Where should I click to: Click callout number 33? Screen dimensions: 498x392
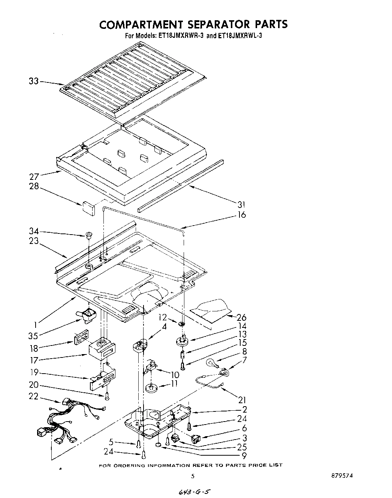pyautogui.click(x=34, y=81)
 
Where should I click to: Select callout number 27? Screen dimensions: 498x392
pyautogui.click(x=34, y=177)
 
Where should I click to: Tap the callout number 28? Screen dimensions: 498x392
pyautogui.click(x=34, y=186)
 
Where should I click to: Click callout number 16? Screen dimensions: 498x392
pyautogui.click(x=242, y=215)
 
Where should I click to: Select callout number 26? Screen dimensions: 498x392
pyautogui.click(x=242, y=318)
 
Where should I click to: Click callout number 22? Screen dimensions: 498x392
pyautogui.click(x=34, y=396)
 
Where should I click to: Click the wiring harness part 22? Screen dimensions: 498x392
pyautogui.click(x=71, y=422)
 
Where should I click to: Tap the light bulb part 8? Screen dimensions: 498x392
pyautogui.click(x=211, y=363)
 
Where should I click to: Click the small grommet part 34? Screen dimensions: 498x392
pyautogui.click(x=89, y=236)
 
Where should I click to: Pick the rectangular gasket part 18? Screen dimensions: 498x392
pyautogui.click(x=79, y=336)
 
